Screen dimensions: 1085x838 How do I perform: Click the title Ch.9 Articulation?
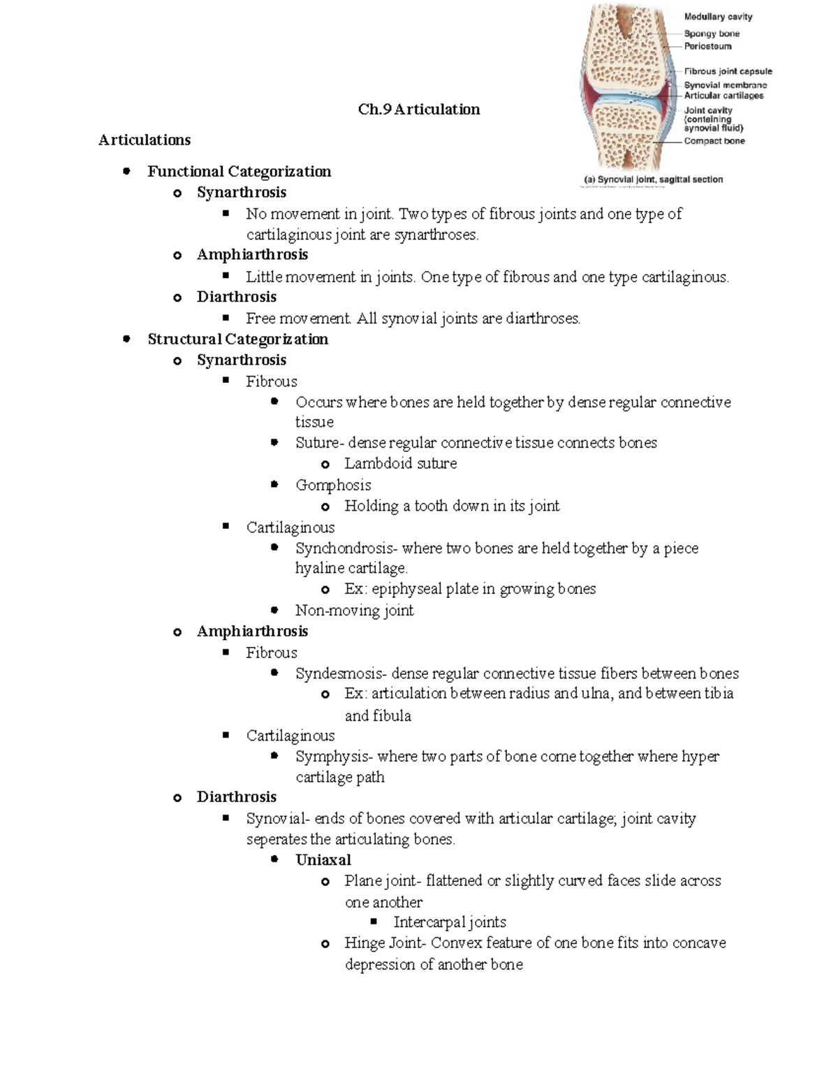click(418, 110)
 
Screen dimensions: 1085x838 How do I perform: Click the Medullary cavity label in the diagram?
click(718, 17)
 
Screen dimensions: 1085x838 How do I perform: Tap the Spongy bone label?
click(711, 34)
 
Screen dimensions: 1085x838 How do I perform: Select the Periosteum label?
click(707, 46)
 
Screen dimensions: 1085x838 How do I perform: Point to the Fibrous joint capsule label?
click(728, 71)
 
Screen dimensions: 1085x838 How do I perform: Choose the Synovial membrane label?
click(725, 85)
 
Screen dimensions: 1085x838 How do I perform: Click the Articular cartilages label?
click(723, 96)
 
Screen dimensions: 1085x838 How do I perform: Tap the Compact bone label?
click(714, 141)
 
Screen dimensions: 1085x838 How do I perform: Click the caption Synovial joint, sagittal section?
click(653, 180)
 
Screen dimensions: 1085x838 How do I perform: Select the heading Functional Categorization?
click(239, 172)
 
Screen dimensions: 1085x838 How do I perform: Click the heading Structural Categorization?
click(237, 340)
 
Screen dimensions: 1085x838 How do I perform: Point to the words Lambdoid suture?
click(400, 464)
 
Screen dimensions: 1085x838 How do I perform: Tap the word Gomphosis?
click(333, 485)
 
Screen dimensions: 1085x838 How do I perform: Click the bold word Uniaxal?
click(323, 860)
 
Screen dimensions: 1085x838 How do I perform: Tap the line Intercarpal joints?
click(450, 922)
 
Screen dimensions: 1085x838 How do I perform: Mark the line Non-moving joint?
click(354, 611)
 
